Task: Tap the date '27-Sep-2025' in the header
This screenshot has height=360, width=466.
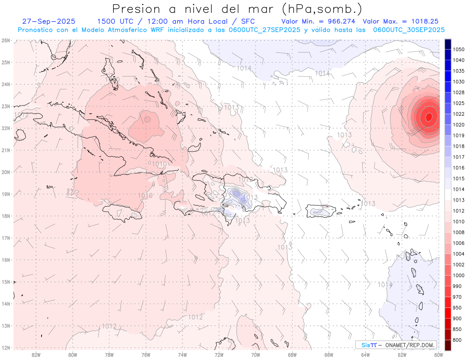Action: tap(49, 21)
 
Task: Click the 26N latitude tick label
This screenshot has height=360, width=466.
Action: tap(5, 40)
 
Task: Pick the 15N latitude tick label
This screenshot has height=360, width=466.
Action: tap(5, 282)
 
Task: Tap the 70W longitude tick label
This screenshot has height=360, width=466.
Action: tap(256, 354)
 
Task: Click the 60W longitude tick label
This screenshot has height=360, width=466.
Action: tap(439, 354)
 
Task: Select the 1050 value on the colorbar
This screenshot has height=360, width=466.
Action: tap(459, 49)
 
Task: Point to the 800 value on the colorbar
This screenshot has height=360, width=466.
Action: tap(457, 340)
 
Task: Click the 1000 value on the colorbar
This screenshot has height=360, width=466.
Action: tap(459, 275)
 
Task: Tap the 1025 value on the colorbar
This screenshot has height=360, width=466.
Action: tap(459, 103)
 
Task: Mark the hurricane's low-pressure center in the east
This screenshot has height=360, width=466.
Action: tap(429, 116)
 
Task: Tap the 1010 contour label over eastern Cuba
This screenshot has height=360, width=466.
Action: tap(160, 163)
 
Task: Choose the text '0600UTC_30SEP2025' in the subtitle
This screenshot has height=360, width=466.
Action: tap(409, 30)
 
